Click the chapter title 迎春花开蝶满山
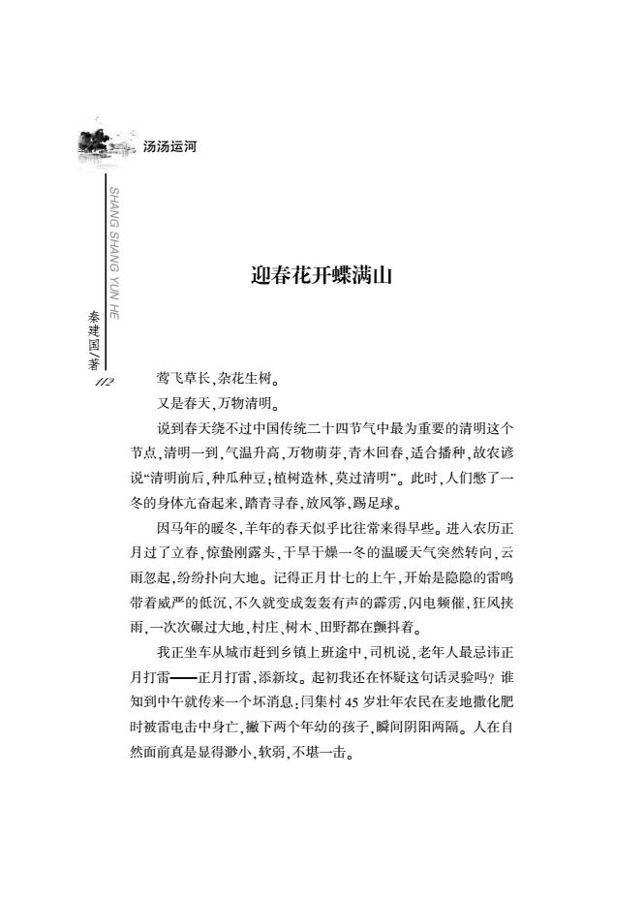320,277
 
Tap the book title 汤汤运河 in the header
169,147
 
